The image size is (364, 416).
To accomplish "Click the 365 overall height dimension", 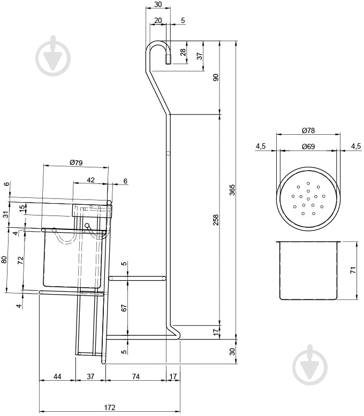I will pos(232,190).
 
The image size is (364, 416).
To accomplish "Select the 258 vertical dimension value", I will pos(216,220).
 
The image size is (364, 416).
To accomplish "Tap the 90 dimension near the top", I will pos(216,77).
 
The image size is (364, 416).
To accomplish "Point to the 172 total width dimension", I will pos(109,407).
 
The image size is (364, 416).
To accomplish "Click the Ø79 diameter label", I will pos(76,163).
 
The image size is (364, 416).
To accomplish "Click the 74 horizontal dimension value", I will pos(136,377).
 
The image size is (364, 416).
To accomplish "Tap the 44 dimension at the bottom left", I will pos(57,377).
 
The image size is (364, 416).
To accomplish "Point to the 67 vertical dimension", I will pos(124,307).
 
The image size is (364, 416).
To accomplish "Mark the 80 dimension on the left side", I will pos(4,260).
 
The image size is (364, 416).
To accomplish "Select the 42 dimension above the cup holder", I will pos(90,180).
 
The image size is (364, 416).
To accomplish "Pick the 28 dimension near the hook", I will pos(183,52).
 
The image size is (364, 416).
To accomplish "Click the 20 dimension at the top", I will pos(157,20).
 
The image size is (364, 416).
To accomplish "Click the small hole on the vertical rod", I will pos(168,153).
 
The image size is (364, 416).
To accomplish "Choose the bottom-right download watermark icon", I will pos(311,363).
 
